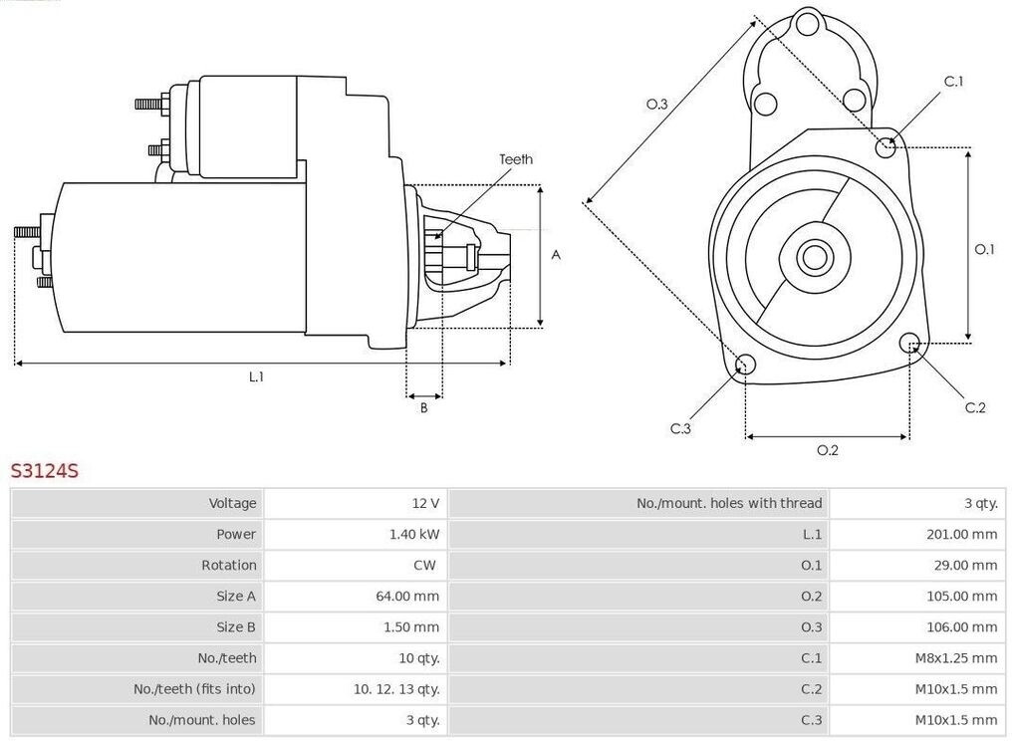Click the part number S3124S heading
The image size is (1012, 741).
tap(45, 471)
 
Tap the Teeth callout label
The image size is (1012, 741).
tap(516, 159)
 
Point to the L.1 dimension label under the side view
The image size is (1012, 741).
tap(257, 376)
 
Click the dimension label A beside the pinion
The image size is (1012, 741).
tap(556, 255)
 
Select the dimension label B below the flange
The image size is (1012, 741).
tap(423, 408)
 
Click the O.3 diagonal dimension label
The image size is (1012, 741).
tap(657, 104)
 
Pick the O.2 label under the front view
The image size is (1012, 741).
tap(827, 450)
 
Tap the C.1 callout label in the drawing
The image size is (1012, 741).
tap(953, 82)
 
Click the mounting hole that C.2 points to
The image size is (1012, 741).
tap(909, 344)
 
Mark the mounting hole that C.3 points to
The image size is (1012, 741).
tap(745, 365)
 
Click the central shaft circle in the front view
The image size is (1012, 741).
tap(814, 257)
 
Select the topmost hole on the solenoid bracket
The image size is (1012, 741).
tap(807, 26)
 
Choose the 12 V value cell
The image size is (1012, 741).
tap(425, 503)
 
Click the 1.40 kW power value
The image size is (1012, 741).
tap(414, 534)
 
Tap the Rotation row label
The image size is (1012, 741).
tap(228, 565)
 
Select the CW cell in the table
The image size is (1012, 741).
tap(424, 565)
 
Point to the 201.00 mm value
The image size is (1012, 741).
tap(961, 534)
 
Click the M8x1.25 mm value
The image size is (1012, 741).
tap(956, 657)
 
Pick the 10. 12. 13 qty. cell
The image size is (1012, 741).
tap(396, 689)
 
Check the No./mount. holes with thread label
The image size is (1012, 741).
tap(729, 503)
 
